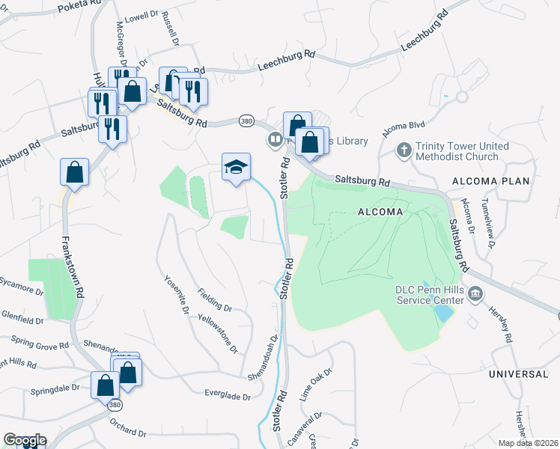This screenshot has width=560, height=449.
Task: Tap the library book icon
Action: [x=276, y=140]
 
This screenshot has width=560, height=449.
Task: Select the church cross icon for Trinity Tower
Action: [x=404, y=150]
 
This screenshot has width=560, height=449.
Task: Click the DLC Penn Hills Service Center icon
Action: [x=475, y=295]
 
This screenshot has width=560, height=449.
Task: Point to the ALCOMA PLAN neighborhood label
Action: [x=490, y=182]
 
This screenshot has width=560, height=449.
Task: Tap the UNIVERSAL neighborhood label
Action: [x=519, y=373]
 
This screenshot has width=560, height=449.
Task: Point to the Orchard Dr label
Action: [x=126, y=429]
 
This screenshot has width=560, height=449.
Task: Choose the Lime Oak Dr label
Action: [x=315, y=387]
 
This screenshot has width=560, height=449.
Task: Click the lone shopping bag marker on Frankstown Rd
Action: [x=75, y=172]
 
